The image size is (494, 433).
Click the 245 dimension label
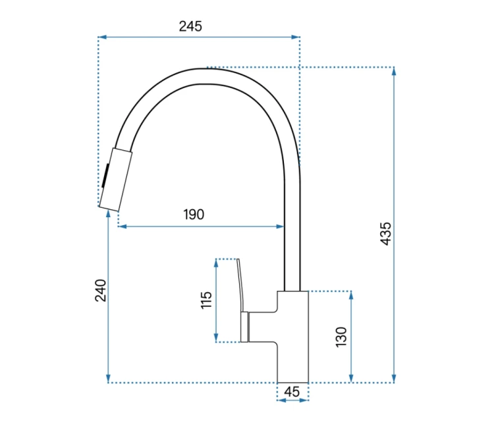pyautogui.click(x=190, y=26)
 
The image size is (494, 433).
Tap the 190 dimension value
pyautogui.click(x=194, y=215)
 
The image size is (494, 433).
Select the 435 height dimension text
pyautogui.click(x=385, y=234)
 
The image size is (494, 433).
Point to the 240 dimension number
pyautogui.click(x=101, y=290)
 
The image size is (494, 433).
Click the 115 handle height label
pyautogui.click(x=206, y=300)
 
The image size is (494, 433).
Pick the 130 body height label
pyautogui.click(x=341, y=337)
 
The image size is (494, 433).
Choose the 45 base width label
pyautogui.click(x=292, y=392)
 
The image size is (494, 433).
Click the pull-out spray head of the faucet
pyautogui.click(x=115, y=180)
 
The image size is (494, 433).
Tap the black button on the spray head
pyautogui.click(x=105, y=176)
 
